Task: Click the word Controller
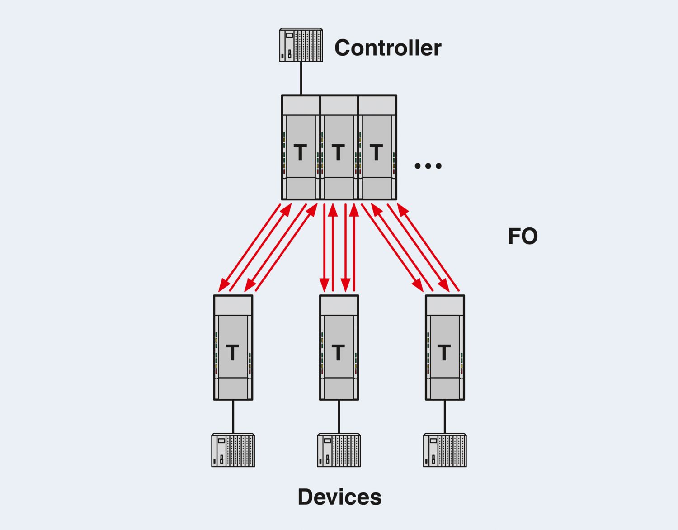[387, 48]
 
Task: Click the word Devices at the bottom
[339, 497]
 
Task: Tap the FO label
[523, 237]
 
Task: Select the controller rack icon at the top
[301, 45]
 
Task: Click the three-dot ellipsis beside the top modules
[428, 166]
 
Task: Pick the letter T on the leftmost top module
[300, 152]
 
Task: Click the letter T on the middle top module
[338, 152]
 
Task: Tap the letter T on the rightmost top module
[376, 152]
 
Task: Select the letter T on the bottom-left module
[232, 353]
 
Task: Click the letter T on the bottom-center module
[338, 353]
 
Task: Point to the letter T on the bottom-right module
[444, 353]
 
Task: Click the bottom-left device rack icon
[233, 450]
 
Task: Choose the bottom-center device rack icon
[339, 450]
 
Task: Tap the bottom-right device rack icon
[445, 450]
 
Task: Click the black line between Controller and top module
[301, 78]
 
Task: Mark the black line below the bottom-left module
[233, 416]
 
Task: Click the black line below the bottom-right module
[445, 416]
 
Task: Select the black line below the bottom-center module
[339, 416]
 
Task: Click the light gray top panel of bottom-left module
[233, 306]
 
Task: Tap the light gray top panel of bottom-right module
[445, 306]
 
